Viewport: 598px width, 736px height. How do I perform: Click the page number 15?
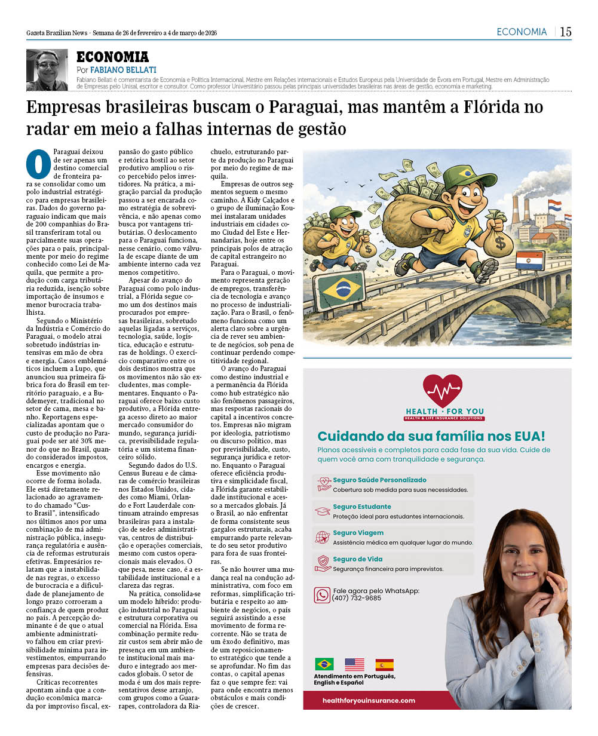point(565,32)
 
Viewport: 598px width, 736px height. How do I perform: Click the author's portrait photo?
point(47,69)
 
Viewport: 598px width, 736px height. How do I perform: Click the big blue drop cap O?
point(39,164)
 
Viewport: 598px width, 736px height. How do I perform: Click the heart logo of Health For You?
point(442,391)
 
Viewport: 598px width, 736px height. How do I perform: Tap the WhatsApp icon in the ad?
point(322,594)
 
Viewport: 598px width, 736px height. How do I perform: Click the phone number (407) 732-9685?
point(357,598)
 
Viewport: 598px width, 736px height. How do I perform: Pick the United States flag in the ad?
point(354,664)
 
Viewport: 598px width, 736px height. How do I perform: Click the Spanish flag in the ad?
point(384,664)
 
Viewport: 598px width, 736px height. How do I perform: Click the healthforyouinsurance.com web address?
point(369,700)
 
